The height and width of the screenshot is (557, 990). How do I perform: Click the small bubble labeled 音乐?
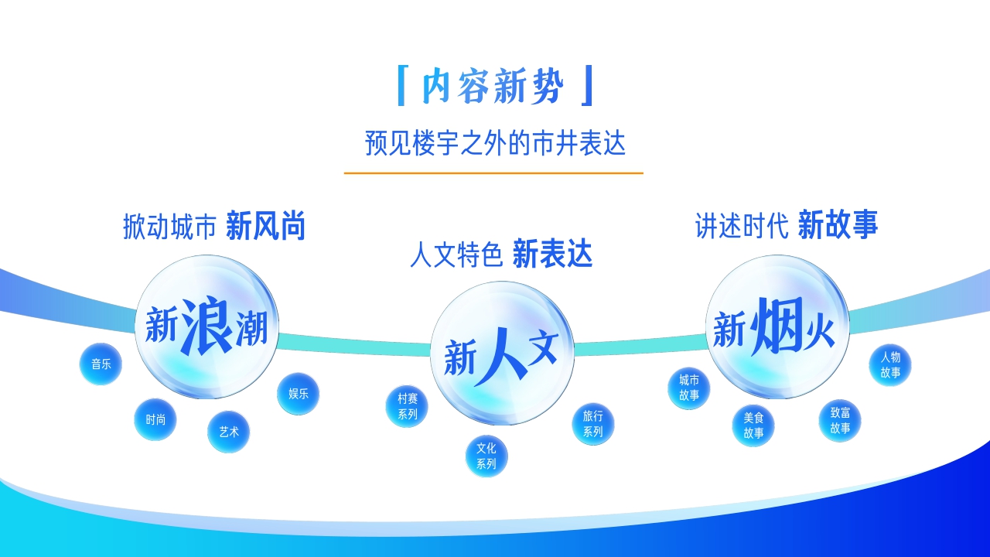(x=101, y=364)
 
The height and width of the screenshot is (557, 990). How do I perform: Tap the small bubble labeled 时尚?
(x=155, y=419)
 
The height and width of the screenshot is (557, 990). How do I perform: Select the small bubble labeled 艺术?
(x=229, y=432)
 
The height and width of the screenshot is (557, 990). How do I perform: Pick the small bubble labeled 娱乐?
(x=299, y=394)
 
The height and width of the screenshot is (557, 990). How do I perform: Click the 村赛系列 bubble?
(x=407, y=406)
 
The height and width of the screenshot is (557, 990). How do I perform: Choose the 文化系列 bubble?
(x=486, y=456)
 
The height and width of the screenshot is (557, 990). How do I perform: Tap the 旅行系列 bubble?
(x=593, y=424)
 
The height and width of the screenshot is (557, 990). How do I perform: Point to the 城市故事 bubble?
(x=689, y=388)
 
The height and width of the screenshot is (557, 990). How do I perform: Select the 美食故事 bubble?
(x=753, y=425)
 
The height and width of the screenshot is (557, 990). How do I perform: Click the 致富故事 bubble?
(x=840, y=421)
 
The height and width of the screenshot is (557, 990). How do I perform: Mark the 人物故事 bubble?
(x=890, y=364)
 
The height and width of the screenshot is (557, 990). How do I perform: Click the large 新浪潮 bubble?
(x=207, y=327)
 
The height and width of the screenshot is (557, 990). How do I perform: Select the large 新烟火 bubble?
(x=777, y=327)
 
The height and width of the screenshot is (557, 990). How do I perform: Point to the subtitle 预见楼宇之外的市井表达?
(x=495, y=144)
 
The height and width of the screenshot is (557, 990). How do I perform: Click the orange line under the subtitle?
(x=493, y=173)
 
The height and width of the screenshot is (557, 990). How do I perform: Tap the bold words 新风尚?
(x=266, y=227)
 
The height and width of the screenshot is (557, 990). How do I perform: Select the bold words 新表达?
(x=552, y=254)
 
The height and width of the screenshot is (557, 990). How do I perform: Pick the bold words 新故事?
(x=838, y=225)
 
